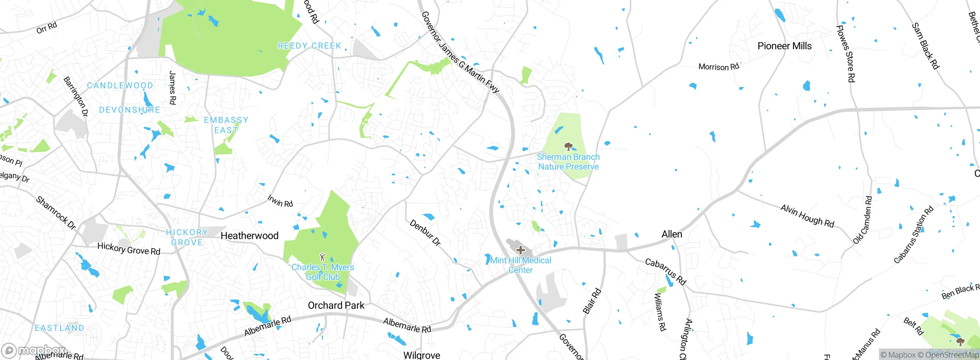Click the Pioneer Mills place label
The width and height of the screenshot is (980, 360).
[x=784, y=46]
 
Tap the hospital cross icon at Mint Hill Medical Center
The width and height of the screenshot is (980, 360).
[x=520, y=250]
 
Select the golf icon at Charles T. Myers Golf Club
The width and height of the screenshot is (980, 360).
[x=322, y=257]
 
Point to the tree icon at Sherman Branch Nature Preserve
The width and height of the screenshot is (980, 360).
[x=568, y=146]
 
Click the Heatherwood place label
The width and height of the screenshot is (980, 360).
[x=250, y=236]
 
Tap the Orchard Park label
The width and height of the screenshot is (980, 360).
[x=336, y=305]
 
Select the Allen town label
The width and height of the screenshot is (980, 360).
[x=672, y=234]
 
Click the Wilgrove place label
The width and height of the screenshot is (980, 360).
[x=421, y=355]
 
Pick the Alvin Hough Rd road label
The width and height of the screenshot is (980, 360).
[x=807, y=216]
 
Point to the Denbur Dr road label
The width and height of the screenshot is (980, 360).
[x=425, y=232]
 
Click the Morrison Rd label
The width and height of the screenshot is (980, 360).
[x=719, y=67]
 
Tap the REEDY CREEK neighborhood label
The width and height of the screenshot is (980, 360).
[x=309, y=46]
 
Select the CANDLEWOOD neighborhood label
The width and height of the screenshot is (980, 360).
[x=120, y=85]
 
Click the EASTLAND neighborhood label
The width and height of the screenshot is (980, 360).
[x=59, y=328]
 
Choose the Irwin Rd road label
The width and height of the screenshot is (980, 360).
[x=280, y=201]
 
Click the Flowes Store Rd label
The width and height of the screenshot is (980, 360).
[x=845, y=54]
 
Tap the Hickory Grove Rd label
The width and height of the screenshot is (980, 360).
[x=129, y=249]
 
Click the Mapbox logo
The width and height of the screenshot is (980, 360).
[x=34, y=350]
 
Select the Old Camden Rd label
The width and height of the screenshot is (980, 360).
[x=863, y=220]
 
